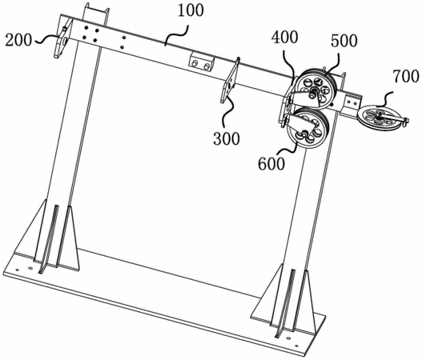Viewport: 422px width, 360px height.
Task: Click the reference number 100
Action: (191, 11)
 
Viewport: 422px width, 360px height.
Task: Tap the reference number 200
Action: (18, 40)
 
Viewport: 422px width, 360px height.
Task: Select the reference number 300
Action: (227, 139)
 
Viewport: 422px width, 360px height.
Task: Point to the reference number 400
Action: (284, 38)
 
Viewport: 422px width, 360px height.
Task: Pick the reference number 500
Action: (344, 41)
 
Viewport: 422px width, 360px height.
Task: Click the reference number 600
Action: (271, 164)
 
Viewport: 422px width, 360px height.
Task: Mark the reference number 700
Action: (406, 76)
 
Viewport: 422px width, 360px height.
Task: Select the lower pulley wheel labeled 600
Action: (307, 128)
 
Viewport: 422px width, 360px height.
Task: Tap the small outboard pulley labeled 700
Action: (376, 116)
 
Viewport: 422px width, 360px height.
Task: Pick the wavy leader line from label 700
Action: (385, 99)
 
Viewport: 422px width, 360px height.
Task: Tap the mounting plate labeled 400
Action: (287, 102)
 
